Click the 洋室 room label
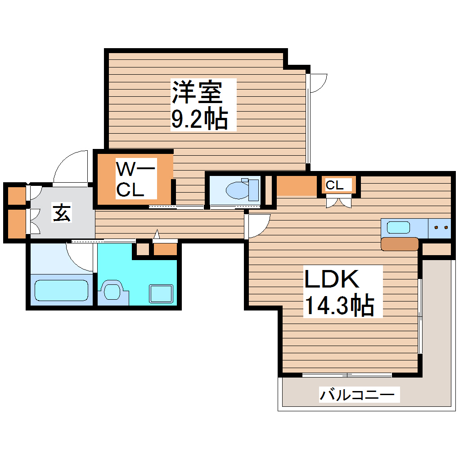(x=196, y=92)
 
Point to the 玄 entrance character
(x=62, y=213)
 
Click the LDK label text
(x=333, y=280)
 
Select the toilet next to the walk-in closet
(x=243, y=189)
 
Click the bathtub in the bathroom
(x=61, y=290)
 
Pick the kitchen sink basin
(x=399, y=227)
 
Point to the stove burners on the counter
(x=439, y=228)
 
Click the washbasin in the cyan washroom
(x=112, y=290)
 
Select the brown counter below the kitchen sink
(x=399, y=244)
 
